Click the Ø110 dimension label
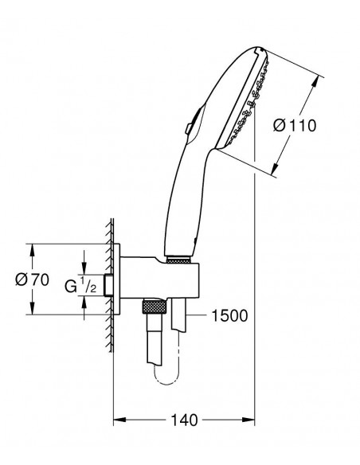[295, 126]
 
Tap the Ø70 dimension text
[33, 279]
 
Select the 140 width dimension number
[184, 420]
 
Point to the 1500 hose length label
[229, 315]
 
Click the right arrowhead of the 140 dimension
[248, 420]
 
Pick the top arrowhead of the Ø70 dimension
[33, 250]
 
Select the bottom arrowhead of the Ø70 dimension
[33, 308]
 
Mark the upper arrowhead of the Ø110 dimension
[315, 83]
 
